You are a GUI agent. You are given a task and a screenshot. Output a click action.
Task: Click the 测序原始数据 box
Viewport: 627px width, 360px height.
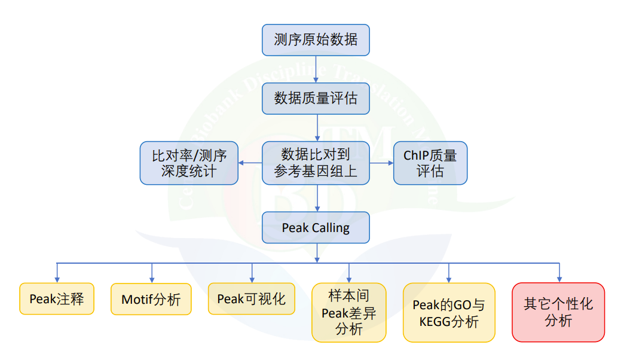[x=316, y=40]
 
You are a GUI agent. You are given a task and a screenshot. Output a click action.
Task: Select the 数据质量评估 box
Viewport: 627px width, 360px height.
[x=316, y=99]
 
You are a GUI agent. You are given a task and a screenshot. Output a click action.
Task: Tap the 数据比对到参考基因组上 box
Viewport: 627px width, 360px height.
[x=316, y=163]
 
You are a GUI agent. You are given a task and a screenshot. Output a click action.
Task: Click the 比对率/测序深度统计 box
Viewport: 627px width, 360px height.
[x=189, y=163]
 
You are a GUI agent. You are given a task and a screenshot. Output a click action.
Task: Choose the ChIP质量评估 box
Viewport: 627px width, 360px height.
[x=430, y=163]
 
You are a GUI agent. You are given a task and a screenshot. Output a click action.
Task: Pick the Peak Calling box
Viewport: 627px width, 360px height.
[x=316, y=228]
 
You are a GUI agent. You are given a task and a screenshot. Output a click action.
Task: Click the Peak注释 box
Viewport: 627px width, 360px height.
[x=57, y=298]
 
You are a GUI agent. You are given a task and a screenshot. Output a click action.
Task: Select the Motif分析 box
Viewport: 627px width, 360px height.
[x=151, y=299]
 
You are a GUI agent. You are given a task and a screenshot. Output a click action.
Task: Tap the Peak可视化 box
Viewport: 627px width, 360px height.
[x=251, y=298]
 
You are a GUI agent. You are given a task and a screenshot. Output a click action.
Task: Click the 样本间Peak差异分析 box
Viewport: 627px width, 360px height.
[x=348, y=312]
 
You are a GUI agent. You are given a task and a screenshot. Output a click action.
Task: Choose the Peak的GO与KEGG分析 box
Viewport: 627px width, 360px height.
[x=449, y=313]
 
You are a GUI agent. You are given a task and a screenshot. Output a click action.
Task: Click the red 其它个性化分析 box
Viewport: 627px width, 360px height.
[x=558, y=312]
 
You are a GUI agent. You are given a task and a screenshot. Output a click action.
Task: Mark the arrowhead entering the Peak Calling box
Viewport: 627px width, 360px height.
[x=316, y=209]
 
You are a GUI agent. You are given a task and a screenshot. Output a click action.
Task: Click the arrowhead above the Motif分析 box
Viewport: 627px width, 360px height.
[x=151, y=279]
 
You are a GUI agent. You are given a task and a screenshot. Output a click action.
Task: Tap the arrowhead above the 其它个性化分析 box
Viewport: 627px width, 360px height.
[x=558, y=279]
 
